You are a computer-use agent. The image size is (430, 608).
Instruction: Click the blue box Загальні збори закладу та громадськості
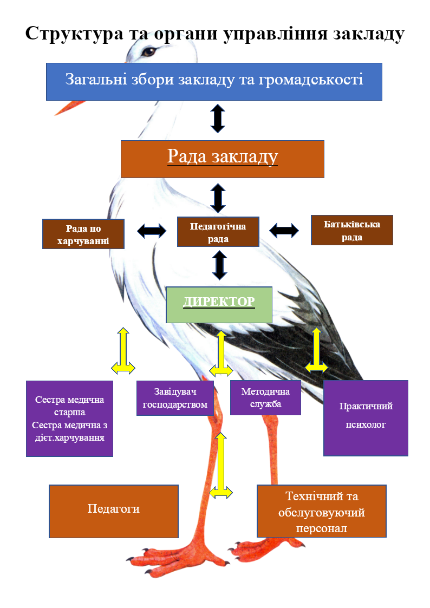tap(214, 81)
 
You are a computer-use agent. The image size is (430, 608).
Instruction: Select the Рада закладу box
tap(222, 159)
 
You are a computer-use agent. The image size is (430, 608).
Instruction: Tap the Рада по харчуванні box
tap(83, 234)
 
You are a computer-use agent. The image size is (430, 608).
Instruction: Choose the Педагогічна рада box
tap(218, 232)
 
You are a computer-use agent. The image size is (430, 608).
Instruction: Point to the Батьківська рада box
tap(351, 230)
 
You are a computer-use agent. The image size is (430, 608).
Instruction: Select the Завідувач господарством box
tap(175, 398)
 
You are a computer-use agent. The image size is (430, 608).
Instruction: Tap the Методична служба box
tap(265, 398)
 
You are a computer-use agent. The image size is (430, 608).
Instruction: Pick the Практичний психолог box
tap(366, 417)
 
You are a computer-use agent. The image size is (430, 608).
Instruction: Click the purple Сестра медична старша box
tap(69, 419)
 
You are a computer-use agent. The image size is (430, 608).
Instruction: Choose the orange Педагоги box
tap(114, 511)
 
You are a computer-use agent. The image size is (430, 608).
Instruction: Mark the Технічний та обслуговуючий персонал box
tap(321, 511)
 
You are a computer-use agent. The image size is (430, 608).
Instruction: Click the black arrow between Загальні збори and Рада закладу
tap(218, 119)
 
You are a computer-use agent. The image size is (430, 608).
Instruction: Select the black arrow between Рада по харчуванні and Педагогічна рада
tap(152, 231)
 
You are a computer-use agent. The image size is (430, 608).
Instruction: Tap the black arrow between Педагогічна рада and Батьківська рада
tap(284, 230)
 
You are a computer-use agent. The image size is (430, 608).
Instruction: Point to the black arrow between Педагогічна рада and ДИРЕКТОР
tap(219, 265)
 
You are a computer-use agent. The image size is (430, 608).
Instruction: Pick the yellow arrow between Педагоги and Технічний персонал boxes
tap(220, 466)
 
